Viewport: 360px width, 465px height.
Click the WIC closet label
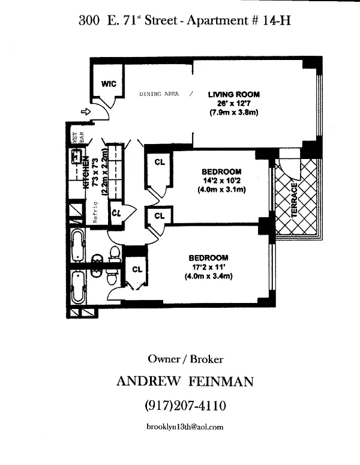108,83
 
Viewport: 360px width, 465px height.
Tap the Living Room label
233,94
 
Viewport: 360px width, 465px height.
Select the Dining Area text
159,94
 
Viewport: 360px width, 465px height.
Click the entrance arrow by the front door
85,111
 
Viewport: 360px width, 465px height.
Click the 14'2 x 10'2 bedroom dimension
221,181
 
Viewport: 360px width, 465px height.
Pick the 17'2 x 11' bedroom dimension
208,267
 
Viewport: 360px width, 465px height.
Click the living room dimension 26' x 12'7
233,103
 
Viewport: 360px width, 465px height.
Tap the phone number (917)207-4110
185,406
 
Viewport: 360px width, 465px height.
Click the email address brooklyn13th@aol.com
185,427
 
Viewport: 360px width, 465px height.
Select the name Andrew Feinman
185,382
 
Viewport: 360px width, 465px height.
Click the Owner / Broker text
185,359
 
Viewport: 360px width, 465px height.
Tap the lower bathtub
77,287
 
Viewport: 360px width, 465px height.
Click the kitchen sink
76,157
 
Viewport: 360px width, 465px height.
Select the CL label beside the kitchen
116,211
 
